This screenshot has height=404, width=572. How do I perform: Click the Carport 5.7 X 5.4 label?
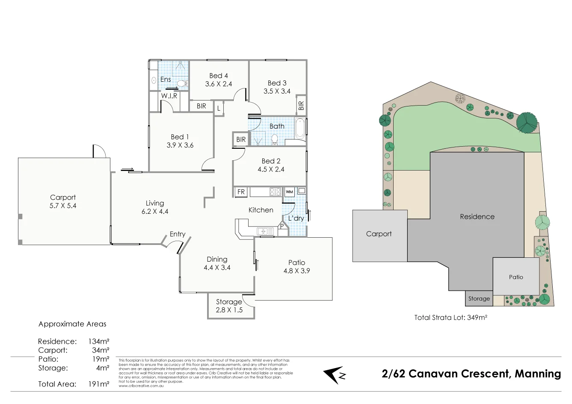click(63, 201)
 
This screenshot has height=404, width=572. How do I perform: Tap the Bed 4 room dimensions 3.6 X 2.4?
click(218, 84)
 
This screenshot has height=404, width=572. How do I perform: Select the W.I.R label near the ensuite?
click(169, 96)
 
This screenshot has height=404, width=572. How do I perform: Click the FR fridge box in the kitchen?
click(241, 192)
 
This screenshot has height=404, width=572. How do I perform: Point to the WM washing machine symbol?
click(289, 192)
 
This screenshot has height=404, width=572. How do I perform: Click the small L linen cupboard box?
click(219, 109)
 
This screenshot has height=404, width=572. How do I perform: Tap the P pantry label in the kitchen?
click(282, 226)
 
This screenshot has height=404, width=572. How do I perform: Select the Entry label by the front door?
click(178, 234)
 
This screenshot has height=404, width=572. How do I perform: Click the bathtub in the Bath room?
click(300, 128)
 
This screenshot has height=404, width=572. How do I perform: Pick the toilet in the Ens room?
click(182, 83)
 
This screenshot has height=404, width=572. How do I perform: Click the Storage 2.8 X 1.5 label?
click(229, 306)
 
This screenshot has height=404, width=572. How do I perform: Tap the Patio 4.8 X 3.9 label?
click(296, 266)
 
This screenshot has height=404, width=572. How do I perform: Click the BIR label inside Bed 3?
click(301, 105)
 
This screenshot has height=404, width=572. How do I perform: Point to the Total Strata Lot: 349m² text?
click(451, 318)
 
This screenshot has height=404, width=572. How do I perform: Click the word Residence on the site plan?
click(477, 217)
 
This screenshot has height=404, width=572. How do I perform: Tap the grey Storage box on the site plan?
click(479, 299)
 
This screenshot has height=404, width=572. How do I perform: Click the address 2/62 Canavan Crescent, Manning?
click(471, 374)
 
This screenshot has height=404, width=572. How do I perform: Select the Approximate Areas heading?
click(72, 324)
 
